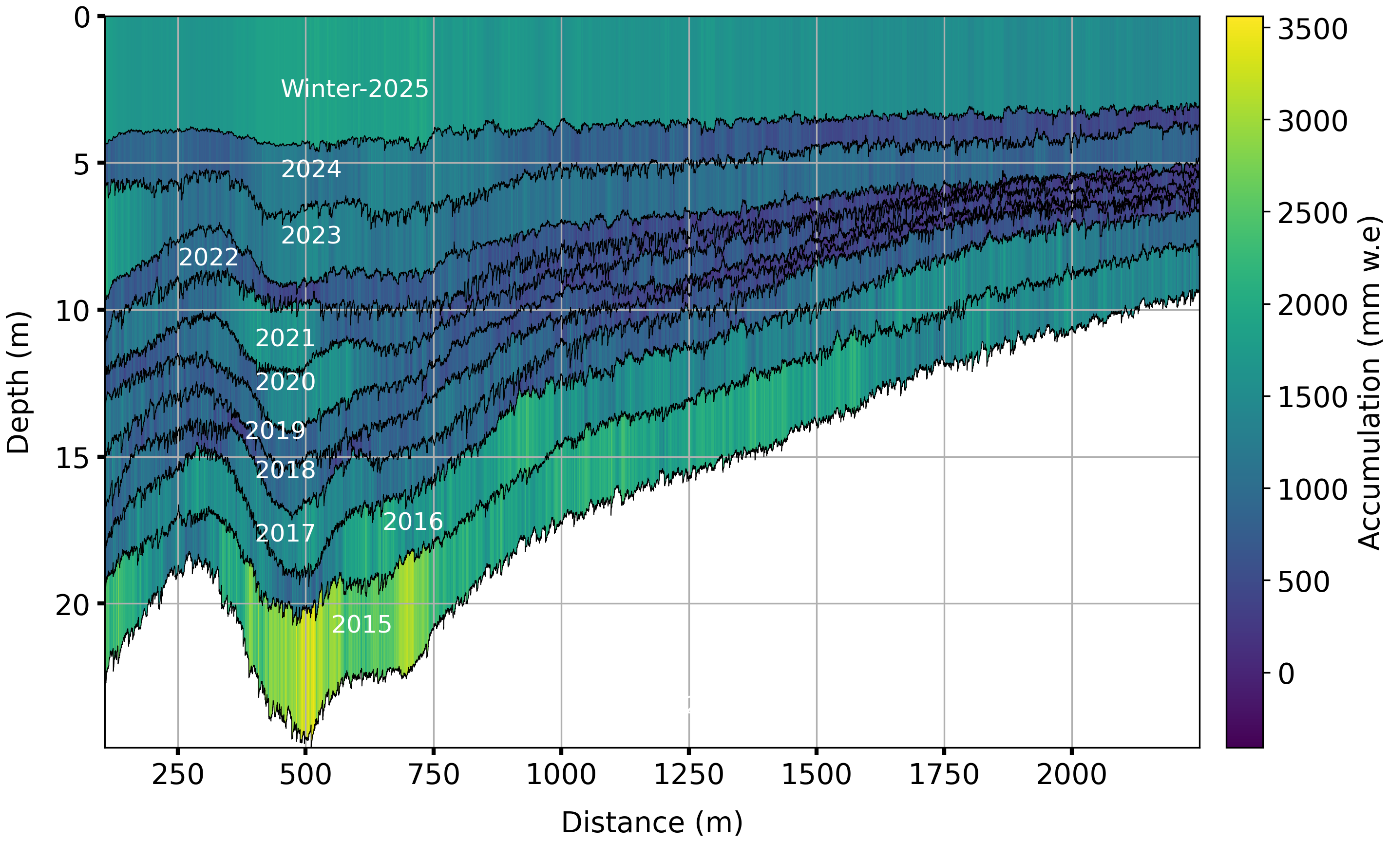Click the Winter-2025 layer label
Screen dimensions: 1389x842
point(355,89)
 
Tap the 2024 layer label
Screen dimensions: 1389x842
point(311,169)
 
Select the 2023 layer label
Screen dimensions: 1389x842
point(311,235)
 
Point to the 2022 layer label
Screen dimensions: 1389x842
point(209,257)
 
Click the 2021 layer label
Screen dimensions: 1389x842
point(285,338)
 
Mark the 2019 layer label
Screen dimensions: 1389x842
point(275,430)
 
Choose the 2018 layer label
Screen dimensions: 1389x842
point(285,469)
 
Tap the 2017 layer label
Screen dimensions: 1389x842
point(285,533)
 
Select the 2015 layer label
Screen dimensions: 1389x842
point(362,624)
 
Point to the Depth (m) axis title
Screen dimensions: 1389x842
point(18,382)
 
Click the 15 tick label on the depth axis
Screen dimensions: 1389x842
point(72,457)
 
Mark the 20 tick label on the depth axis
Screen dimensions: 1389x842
point(72,604)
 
